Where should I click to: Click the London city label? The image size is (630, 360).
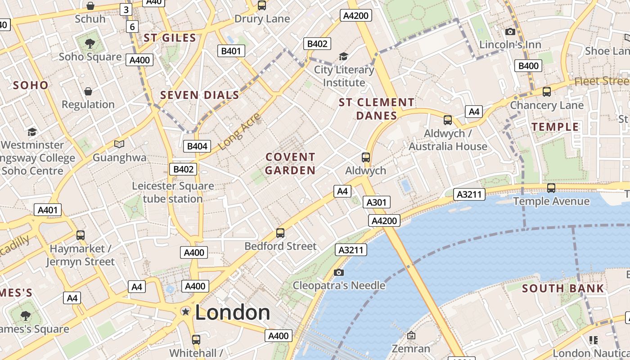coord(232,313)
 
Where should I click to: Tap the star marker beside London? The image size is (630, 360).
coord(185,311)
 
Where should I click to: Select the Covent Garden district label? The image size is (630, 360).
coord(290,164)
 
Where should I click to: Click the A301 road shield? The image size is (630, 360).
coord(376,202)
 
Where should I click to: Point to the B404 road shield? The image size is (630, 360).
coord(197,146)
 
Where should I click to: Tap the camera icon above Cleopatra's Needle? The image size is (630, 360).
coord(339,272)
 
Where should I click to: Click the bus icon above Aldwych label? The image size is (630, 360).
coord(366,157)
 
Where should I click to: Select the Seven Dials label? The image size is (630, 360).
coord(200,95)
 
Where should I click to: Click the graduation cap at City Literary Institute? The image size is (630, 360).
coord(343,56)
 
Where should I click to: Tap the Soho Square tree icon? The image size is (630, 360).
coord(90,44)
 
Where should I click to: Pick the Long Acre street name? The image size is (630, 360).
coord(239,131)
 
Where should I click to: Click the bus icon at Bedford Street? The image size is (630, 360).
coord(280,233)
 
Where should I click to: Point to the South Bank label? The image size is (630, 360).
coord(563,288)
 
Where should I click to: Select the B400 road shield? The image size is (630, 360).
coord(528,66)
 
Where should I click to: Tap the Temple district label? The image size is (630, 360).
coord(555,127)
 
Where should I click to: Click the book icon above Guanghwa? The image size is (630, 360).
coord(119,144)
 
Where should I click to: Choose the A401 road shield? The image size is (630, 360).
coord(48,210)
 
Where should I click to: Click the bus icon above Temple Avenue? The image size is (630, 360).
coord(551,188)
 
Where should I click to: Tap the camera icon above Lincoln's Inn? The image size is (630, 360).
coord(510,31)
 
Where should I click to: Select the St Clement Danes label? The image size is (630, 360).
coord(376,109)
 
